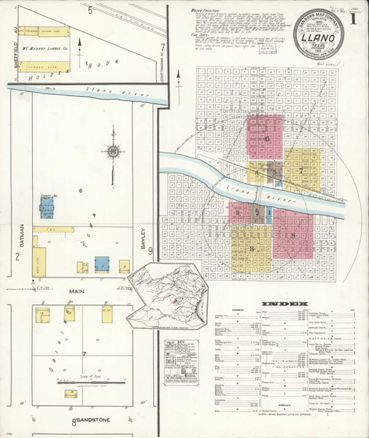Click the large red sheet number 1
[x=354, y=20]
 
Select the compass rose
[x=113, y=152]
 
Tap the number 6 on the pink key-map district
[x=268, y=139]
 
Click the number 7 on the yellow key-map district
[x=300, y=170]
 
